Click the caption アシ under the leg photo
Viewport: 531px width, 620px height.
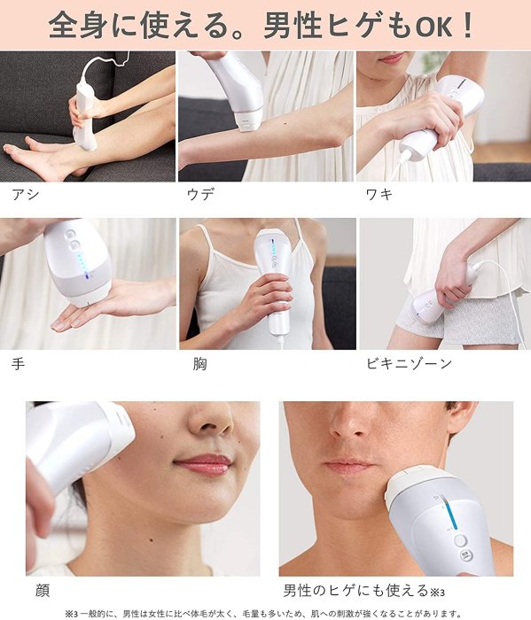coord(26,194)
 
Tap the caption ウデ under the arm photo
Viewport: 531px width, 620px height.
coord(200,194)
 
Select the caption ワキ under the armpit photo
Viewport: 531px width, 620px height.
coord(379,194)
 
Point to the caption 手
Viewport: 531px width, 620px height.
coord(19,363)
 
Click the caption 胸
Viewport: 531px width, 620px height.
coord(199,363)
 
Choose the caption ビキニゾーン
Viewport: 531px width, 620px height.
coord(410,363)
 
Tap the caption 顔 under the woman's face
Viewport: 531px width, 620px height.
coord(43,591)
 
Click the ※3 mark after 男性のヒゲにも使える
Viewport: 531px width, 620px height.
coord(437,592)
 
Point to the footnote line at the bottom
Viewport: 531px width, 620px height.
coord(263,613)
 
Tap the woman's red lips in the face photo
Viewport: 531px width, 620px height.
coord(202,464)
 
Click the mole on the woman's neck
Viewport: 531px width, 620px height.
coord(152,539)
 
